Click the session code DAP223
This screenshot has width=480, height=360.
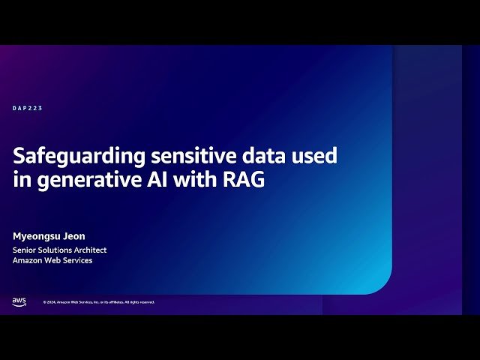point(28,108)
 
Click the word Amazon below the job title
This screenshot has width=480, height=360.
point(28,260)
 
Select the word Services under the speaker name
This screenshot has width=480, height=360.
point(76,260)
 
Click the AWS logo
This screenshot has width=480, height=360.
point(19,301)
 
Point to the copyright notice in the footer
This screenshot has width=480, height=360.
point(99,302)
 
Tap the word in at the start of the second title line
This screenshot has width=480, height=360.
point(19,180)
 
